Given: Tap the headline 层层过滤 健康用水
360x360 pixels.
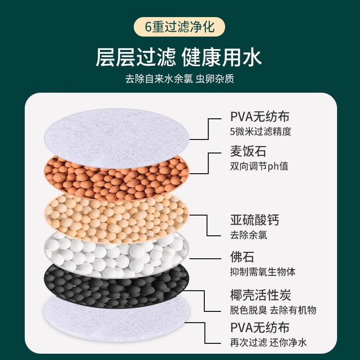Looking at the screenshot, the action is click(x=179, y=57).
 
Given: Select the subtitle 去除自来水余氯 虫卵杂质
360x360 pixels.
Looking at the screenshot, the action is click(x=180, y=79).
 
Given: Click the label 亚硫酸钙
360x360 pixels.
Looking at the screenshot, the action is click(x=254, y=220).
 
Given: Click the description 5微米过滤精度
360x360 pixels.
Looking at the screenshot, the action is click(x=261, y=132).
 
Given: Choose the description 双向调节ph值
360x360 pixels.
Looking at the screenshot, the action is click(x=259, y=166).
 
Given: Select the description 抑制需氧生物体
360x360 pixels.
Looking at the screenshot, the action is click(x=263, y=272).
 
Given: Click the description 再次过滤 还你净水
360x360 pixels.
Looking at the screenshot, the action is click(x=268, y=342).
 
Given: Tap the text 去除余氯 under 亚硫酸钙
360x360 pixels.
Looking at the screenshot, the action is click(x=248, y=235).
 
